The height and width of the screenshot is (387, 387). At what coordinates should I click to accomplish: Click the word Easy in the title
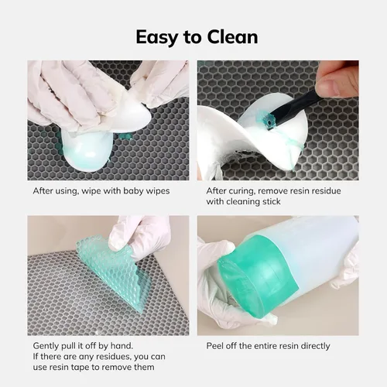click(157, 38)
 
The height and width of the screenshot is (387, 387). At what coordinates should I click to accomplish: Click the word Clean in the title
click(232, 36)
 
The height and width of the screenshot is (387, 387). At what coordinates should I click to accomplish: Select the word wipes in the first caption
click(158, 192)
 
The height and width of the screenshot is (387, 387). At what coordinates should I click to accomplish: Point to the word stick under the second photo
click(272, 201)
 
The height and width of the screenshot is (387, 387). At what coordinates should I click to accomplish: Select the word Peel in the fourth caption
click(215, 346)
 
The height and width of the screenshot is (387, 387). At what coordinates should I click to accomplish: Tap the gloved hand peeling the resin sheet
click(141, 240)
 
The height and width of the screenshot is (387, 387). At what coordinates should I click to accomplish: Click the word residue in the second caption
click(327, 191)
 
